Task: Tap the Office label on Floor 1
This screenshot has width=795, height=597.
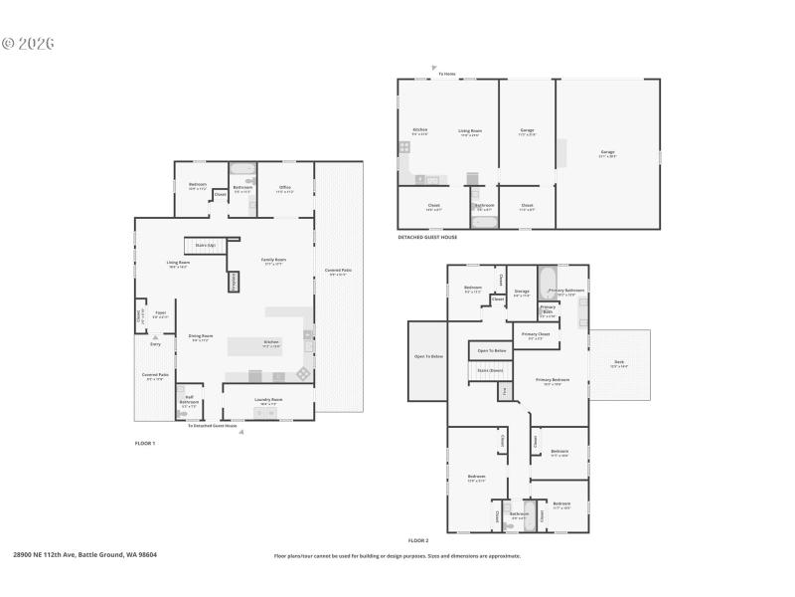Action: (284, 188)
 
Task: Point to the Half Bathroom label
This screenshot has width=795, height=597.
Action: (190, 402)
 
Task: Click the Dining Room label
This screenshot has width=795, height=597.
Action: (201, 337)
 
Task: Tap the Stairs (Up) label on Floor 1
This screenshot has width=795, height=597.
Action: (206, 244)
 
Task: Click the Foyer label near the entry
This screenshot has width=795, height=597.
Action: (159, 313)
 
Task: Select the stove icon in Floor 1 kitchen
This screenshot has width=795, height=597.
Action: (302, 374)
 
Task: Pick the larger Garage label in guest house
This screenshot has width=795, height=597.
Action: (607, 153)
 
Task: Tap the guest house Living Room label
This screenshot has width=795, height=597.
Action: (470, 130)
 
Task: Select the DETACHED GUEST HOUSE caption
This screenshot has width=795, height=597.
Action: (427, 237)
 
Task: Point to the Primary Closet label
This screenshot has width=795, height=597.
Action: (536, 334)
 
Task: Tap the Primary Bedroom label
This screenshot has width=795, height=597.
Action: (554, 380)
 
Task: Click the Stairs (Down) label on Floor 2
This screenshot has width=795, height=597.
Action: (490, 370)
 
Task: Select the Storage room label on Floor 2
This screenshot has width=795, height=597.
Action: (522, 292)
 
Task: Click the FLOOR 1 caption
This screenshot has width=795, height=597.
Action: (145, 442)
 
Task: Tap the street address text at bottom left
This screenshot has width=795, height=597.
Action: (84, 555)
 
